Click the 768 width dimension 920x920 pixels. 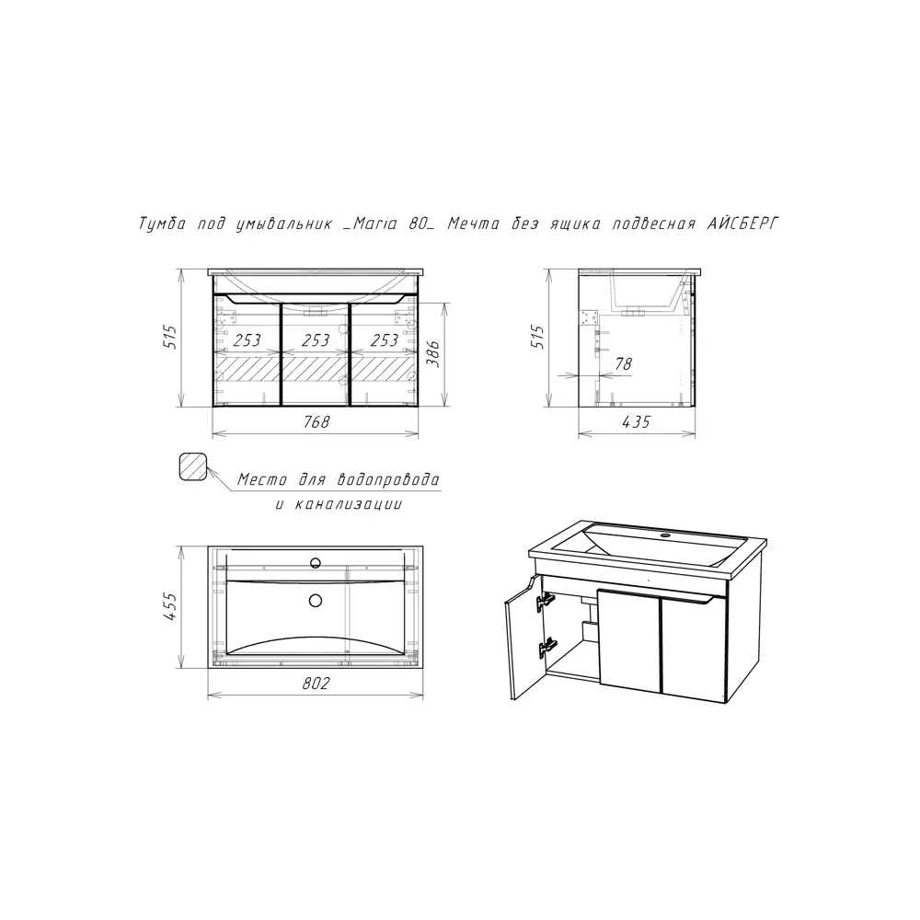click(316, 422)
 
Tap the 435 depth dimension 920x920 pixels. click(636, 422)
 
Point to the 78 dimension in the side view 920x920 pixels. click(623, 363)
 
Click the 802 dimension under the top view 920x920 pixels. click(316, 683)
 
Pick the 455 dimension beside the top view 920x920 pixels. click(169, 606)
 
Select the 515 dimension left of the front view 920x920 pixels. click(169, 337)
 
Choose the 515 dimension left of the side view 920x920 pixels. click(537, 337)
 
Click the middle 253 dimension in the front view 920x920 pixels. click(316, 340)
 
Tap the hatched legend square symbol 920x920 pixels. click(193, 467)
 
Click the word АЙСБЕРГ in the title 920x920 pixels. click(742, 224)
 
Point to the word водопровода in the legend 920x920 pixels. click(388, 479)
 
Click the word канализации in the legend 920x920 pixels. click(349, 504)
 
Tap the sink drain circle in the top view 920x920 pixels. click(316, 600)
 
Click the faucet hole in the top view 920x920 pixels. click(316, 563)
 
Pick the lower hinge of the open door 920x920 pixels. click(546, 647)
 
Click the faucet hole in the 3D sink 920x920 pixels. click(665, 535)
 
